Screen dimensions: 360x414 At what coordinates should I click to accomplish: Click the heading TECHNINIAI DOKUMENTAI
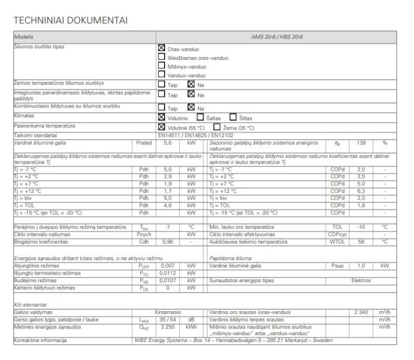70,19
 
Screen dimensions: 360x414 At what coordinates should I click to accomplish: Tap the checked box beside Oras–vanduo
161,48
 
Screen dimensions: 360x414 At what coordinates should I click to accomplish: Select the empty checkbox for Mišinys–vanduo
161,67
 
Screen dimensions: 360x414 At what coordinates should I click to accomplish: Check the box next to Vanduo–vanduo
161,75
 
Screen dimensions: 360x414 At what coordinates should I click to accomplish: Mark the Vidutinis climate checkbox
161,118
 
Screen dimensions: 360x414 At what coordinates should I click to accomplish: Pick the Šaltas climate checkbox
200,118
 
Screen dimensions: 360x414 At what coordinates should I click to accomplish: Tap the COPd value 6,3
361,191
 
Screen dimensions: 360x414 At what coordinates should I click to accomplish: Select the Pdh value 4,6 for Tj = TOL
167,205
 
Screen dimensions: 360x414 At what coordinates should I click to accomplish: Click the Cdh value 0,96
167,242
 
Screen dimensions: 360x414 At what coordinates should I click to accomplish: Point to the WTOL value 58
361,242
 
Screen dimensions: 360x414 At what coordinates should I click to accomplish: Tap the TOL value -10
361,226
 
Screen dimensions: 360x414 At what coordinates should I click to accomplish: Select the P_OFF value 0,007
167,265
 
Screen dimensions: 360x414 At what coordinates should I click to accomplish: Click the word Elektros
361,281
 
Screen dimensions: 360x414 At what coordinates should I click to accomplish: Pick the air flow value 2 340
361,312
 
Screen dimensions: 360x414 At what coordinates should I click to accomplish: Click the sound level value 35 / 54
167,320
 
